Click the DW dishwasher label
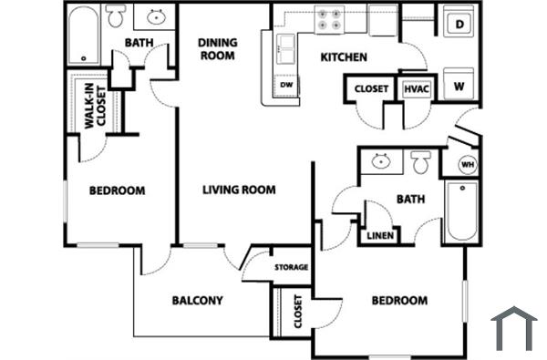pyautogui.click(x=286, y=85)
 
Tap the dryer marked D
pyautogui.click(x=459, y=26)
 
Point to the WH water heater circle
pyautogui.click(x=466, y=165)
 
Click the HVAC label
pyautogui.click(x=416, y=89)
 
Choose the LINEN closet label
pyautogui.click(x=379, y=237)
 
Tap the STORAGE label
pyautogui.click(x=292, y=268)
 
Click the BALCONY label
pyautogui.click(x=197, y=300)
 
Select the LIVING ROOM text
pyautogui.click(x=239, y=190)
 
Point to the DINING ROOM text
pyautogui.click(x=217, y=48)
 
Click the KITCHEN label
pyautogui.click(x=344, y=57)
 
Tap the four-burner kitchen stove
pyautogui.click(x=328, y=18)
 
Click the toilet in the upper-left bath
pyautogui.click(x=116, y=16)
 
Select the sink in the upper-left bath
pyautogui.click(x=155, y=16)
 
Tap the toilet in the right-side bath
pyautogui.click(x=420, y=163)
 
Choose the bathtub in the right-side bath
pyautogui.click(x=461, y=211)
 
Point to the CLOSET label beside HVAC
pyautogui.click(x=371, y=89)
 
